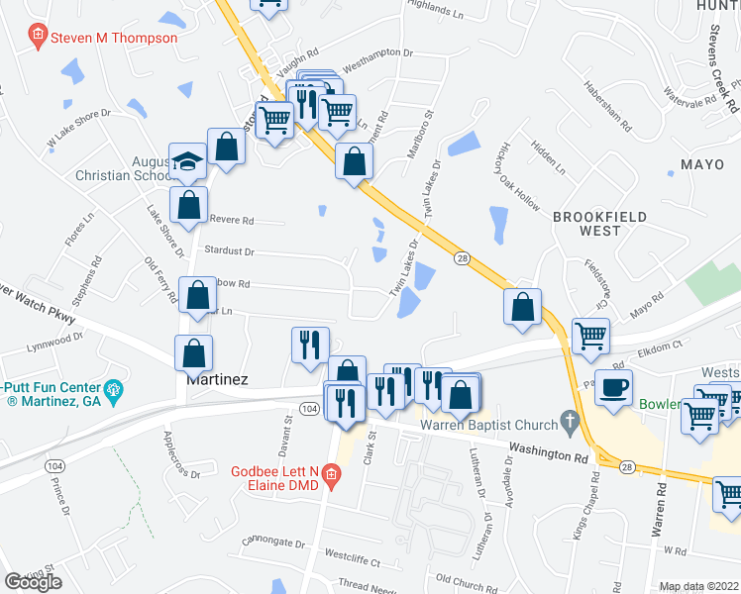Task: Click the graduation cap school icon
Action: (x=187, y=160)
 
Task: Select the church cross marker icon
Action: (x=568, y=423)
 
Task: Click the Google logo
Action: (x=33, y=582)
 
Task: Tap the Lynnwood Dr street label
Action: (x=54, y=342)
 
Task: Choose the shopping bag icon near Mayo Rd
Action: (x=523, y=307)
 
